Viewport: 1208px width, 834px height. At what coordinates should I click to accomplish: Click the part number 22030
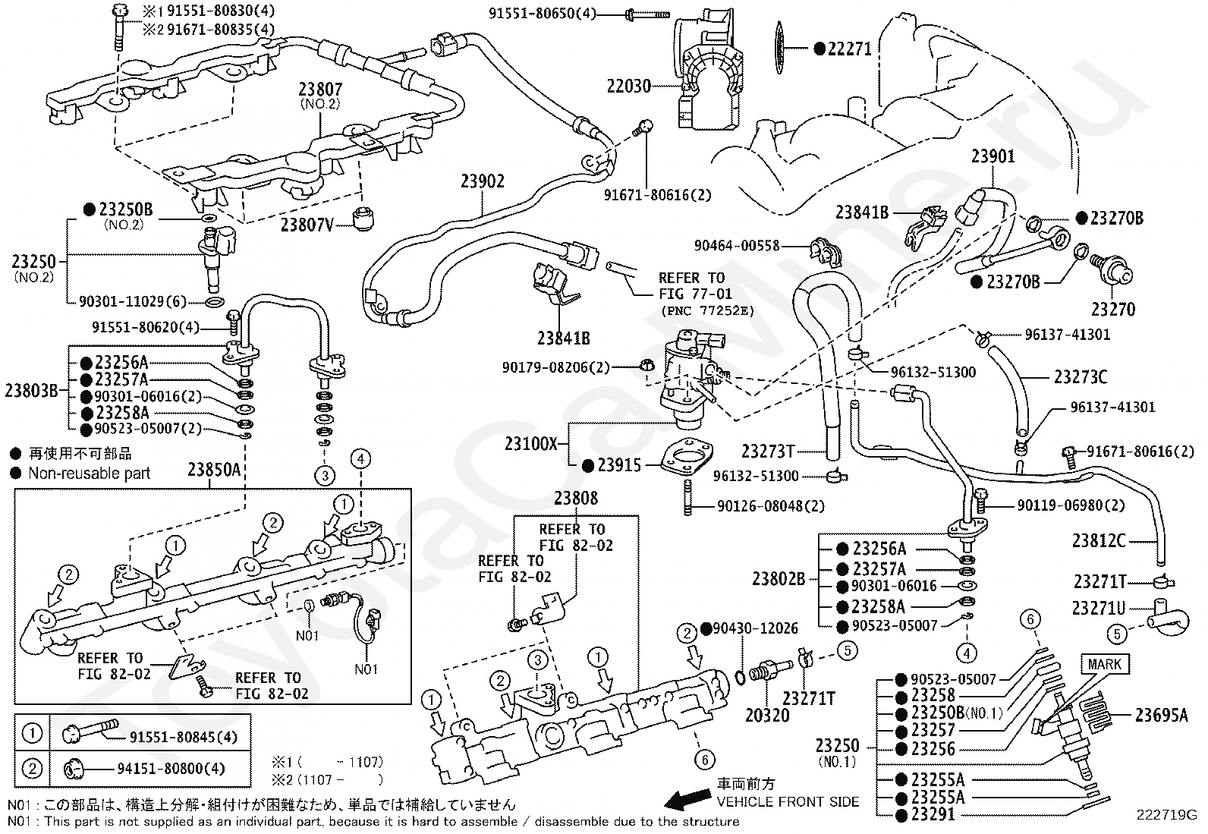point(628,86)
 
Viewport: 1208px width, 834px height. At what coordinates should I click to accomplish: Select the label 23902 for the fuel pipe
point(483,181)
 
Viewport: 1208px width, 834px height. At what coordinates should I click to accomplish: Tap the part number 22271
point(849,49)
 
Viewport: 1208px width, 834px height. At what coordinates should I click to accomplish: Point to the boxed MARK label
point(1104,665)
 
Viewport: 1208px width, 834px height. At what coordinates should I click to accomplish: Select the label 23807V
point(307,225)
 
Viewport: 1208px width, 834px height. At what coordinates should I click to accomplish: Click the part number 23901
point(993,156)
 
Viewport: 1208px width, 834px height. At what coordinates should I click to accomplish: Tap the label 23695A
point(1161,714)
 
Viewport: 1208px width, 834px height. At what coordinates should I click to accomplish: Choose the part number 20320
point(767,716)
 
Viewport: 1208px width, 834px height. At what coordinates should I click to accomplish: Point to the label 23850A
point(214,470)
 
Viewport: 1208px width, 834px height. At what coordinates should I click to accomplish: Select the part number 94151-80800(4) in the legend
point(171,769)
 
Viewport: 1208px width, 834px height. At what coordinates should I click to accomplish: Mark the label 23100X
point(531,444)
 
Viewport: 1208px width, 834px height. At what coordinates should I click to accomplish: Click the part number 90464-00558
point(737,245)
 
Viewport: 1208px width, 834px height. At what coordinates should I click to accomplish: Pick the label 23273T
point(768,452)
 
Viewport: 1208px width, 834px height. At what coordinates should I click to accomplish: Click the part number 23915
point(619,466)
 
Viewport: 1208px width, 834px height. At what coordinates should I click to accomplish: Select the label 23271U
point(1098,608)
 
